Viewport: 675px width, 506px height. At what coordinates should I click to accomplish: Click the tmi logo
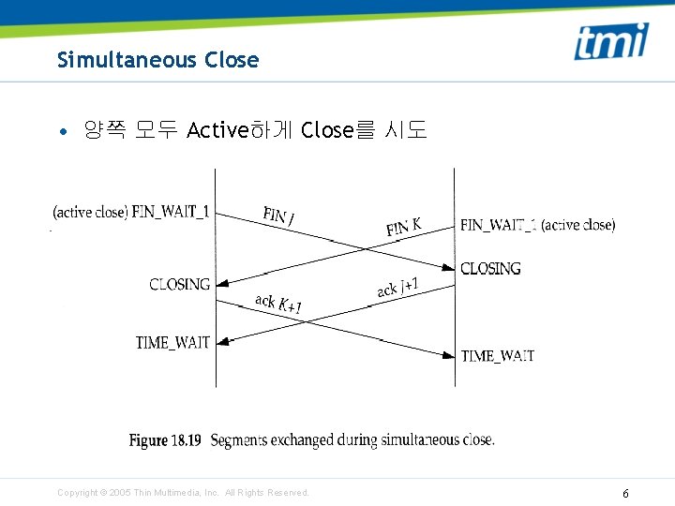610,41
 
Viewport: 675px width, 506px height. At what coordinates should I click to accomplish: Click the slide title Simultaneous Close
157,60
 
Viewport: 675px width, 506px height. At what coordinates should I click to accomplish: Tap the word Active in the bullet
216,130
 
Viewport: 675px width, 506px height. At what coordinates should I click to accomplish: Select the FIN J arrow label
279,216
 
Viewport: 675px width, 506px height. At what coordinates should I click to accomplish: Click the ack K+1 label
278,305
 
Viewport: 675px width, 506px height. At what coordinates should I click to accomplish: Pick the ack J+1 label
397,288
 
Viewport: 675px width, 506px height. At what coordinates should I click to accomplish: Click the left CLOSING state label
179,285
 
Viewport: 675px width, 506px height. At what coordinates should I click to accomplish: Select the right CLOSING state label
490,269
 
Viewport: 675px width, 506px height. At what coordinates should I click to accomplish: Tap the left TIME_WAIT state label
172,343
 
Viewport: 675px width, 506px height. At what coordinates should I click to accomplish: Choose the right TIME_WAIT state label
498,356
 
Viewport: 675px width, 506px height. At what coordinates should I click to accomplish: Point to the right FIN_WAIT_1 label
498,225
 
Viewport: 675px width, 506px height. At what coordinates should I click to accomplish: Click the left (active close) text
90,212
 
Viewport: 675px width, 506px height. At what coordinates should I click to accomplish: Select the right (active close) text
578,225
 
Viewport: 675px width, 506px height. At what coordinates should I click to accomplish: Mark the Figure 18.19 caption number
165,440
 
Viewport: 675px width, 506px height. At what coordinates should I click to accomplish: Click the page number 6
625,493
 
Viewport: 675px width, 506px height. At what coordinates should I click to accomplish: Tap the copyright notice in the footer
183,493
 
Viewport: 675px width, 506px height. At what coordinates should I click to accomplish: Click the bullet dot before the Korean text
62,131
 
